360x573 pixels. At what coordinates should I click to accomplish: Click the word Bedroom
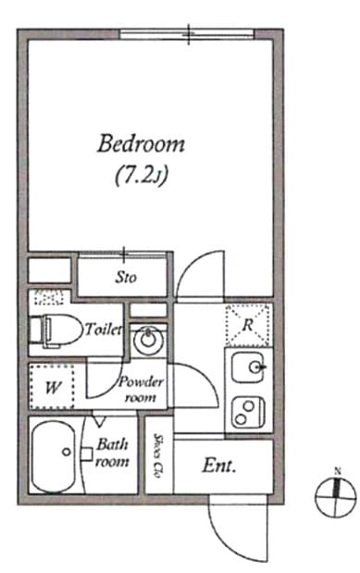(141, 143)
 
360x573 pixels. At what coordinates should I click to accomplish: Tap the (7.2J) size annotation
(142, 177)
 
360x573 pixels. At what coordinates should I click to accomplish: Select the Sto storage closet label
(126, 277)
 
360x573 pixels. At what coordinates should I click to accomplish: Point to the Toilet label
(104, 330)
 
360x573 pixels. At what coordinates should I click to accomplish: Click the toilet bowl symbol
(56, 330)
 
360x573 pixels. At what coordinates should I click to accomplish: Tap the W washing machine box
(52, 387)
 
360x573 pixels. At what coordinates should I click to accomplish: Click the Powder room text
(141, 390)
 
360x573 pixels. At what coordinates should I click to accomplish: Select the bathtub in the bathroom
(54, 456)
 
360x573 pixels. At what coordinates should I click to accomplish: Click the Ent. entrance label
(219, 466)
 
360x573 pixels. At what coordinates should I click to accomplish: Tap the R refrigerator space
(249, 325)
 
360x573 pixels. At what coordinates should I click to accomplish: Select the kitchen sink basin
(247, 367)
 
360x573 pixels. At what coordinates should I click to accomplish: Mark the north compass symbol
(336, 497)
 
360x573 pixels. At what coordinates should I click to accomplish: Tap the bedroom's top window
(187, 34)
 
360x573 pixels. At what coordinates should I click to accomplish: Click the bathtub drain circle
(66, 452)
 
